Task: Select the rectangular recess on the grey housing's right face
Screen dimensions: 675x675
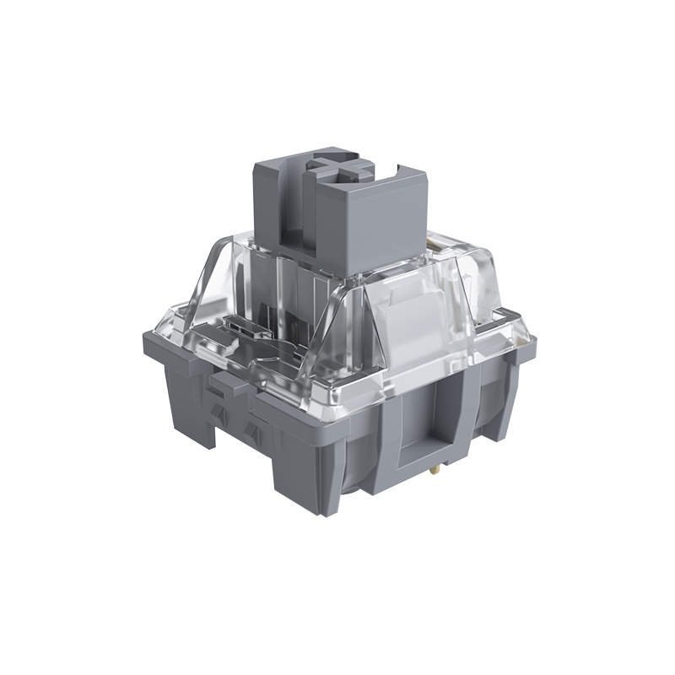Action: (431, 418)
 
